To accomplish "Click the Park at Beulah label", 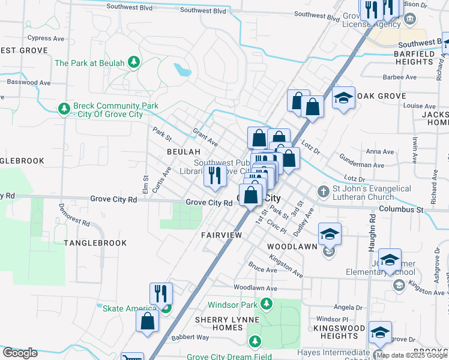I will pyautogui.click(x=89, y=62).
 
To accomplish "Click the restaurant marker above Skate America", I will pyautogui.click(x=161, y=293).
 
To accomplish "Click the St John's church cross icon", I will pyautogui.click(x=323, y=192).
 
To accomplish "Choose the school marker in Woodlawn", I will pyautogui.click(x=330, y=233).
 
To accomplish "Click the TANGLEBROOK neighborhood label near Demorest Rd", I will pyautogui.click(x=95, y=243).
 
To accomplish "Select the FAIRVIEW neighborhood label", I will pyautogui.click(x=221, y=235).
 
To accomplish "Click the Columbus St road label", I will pyautogui.click(x=402, y=209).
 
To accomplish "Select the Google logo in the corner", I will pyautogui.click(x=20, y=353).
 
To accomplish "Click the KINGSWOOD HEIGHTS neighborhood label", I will pyautogui.click(x=339, y=332).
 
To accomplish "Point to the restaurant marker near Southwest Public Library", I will pyautogui.click(x=214, y=175).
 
